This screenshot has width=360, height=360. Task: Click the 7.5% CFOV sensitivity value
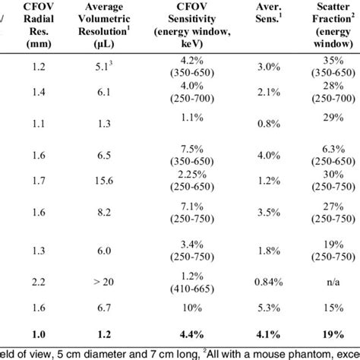(x=193, y=149)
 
